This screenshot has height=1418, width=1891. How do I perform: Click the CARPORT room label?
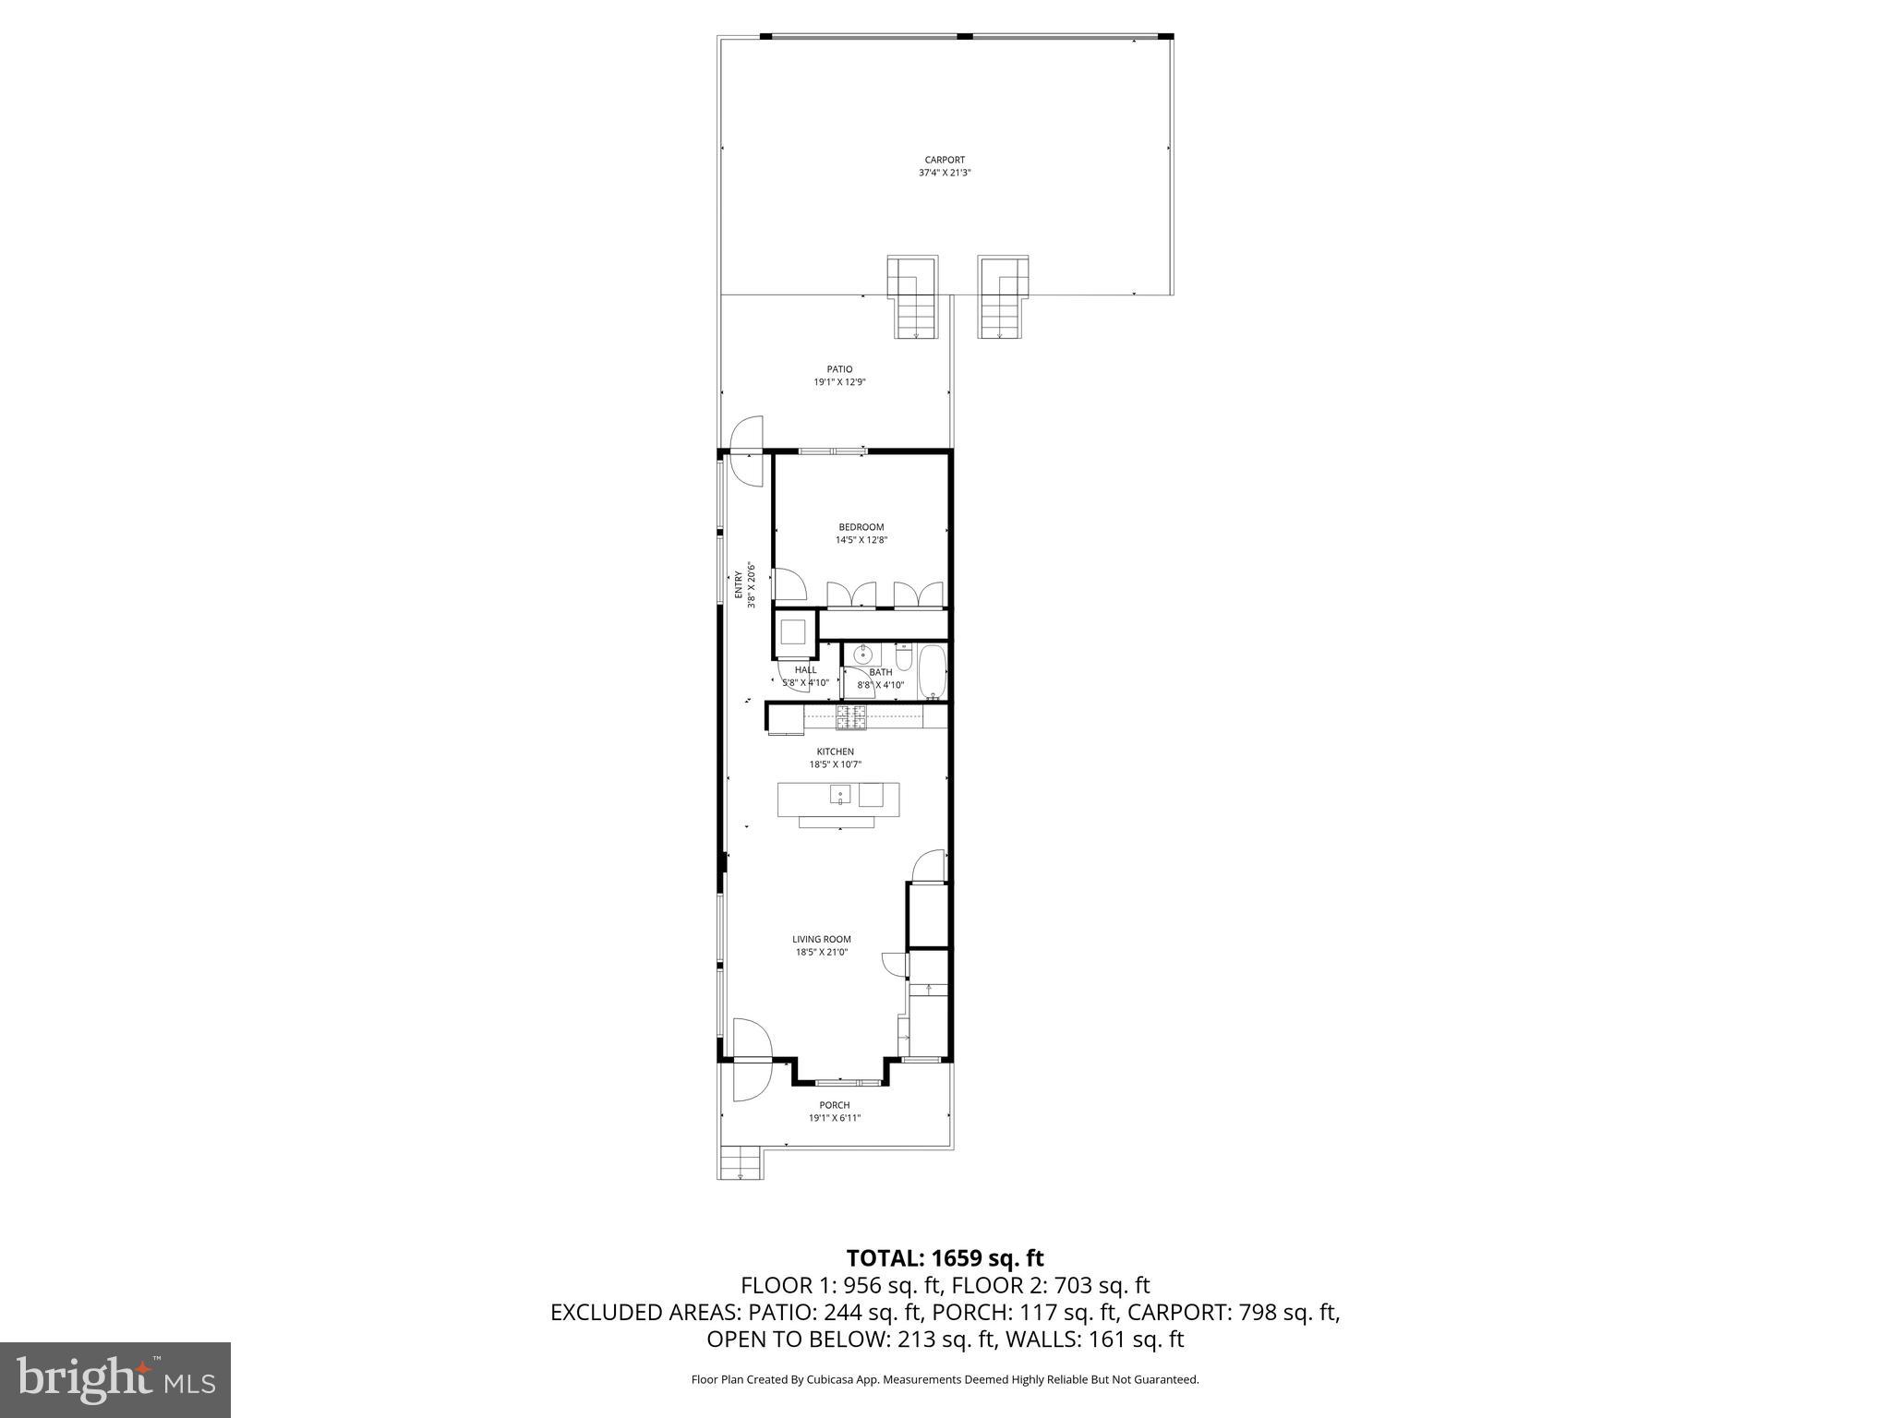(945, 160)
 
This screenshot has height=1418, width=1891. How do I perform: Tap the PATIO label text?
(839, 369)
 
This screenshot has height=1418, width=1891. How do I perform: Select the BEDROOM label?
(861, 527)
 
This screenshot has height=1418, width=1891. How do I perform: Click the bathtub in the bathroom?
(931, 671)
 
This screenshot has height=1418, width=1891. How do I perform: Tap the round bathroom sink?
(861, 655)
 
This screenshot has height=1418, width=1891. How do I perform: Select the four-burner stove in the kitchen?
(851, 715)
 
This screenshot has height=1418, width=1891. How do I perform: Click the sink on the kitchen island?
(840, 794)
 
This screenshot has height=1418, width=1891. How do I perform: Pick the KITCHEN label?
(835, 751)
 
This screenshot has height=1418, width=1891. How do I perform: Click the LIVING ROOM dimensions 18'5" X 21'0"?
(821, 952)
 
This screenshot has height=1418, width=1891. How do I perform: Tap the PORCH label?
(834, 1105)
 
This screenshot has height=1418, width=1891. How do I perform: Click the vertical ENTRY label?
(739, 585)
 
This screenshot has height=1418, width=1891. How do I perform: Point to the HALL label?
(805, 670)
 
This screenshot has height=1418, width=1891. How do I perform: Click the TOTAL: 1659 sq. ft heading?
(945, 1257)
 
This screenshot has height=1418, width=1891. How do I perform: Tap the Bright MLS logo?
(115, 1379)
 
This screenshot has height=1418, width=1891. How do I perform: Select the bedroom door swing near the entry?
(789, 586)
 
